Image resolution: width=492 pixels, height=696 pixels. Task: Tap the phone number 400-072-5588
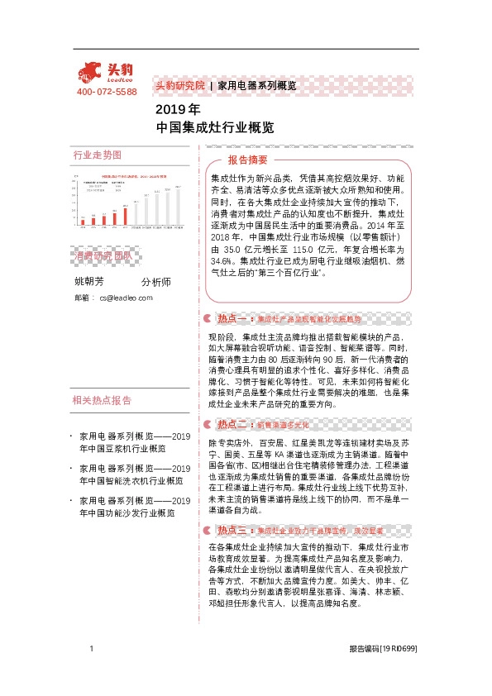click(x=107, y=92)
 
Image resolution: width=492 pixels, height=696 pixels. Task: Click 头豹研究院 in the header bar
click(x=179, y=85)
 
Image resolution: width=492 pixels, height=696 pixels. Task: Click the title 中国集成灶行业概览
click(x=215, y=128)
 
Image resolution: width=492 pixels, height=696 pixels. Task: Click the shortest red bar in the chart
click(x=82, y=220)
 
